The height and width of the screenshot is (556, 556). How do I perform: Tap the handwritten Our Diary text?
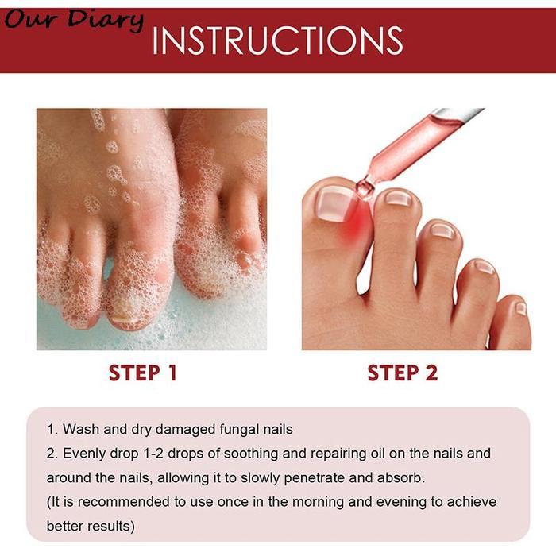[74, 20]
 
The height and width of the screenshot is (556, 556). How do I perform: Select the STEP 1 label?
[142, 373]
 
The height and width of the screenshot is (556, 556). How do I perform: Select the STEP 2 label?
[403, 373]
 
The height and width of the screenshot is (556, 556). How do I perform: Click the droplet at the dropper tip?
[364, 188]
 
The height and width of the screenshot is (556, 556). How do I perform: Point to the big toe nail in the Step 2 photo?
[334, 205]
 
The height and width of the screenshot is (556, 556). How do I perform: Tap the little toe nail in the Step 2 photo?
[520, 308]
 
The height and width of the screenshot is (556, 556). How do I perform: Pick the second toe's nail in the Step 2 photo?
[398, 198]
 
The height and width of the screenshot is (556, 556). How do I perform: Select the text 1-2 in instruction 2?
[153, 454]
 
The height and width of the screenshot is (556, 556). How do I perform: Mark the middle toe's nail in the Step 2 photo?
[442, 231]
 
